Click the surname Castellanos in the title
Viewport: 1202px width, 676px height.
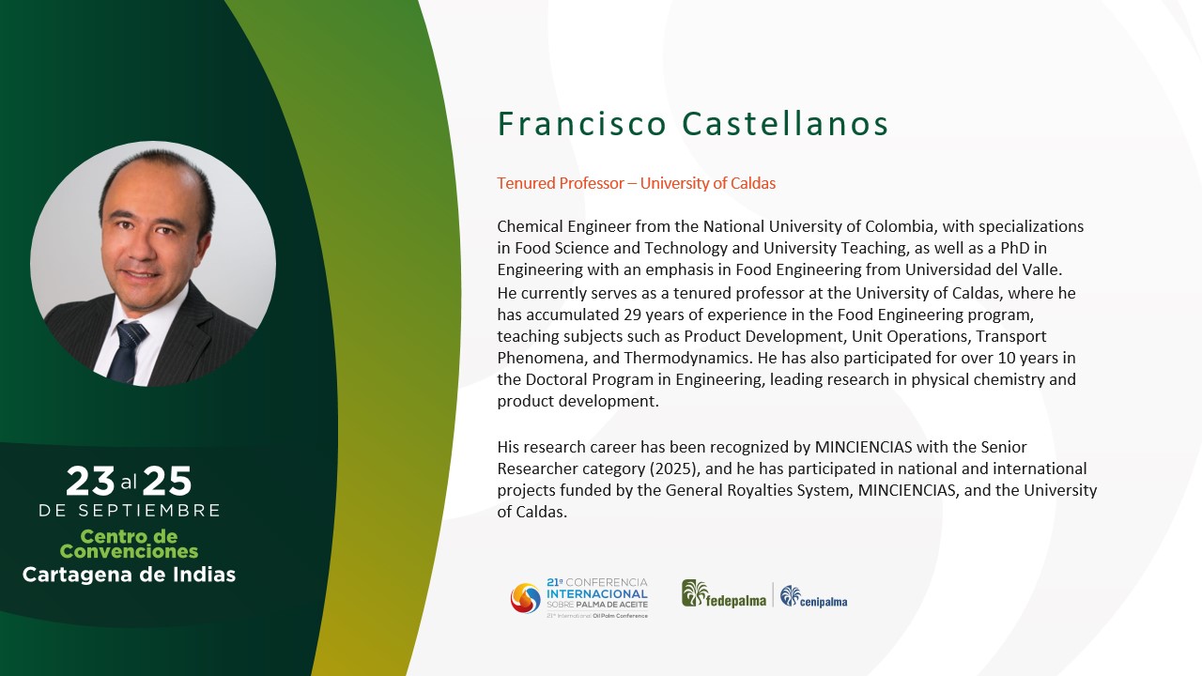(x=785, y=124)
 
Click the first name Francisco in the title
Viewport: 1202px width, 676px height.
(x=582, y=124)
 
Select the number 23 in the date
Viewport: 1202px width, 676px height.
(x=90, y=481)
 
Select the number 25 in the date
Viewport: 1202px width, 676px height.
(x=167, y=481)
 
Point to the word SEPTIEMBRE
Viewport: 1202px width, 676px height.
(x=149, y=510)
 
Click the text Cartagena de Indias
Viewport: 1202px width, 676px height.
(x=129, y=575)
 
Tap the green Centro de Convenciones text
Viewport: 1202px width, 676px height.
(x=129, y=544)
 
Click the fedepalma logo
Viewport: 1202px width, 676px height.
(x=724, y=594)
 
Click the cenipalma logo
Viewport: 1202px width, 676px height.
(x=813, y=596)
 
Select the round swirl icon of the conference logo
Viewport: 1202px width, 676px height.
(x=525, y=598)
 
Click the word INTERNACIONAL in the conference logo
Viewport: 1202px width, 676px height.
(x=597, y=594)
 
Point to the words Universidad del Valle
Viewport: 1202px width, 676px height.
(x=982, y=269)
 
